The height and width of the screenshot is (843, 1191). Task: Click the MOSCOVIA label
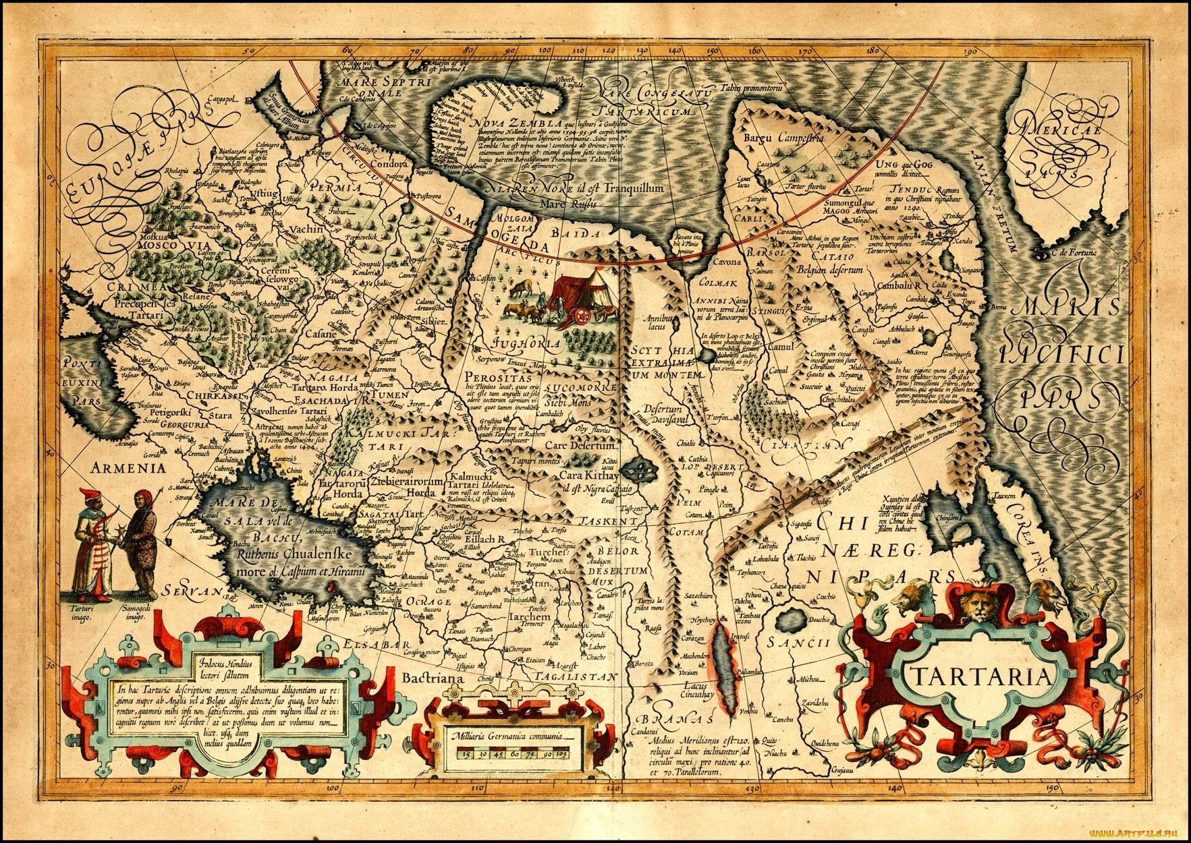tap(166, 246)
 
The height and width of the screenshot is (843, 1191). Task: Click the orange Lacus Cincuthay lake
tap(723, 667)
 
